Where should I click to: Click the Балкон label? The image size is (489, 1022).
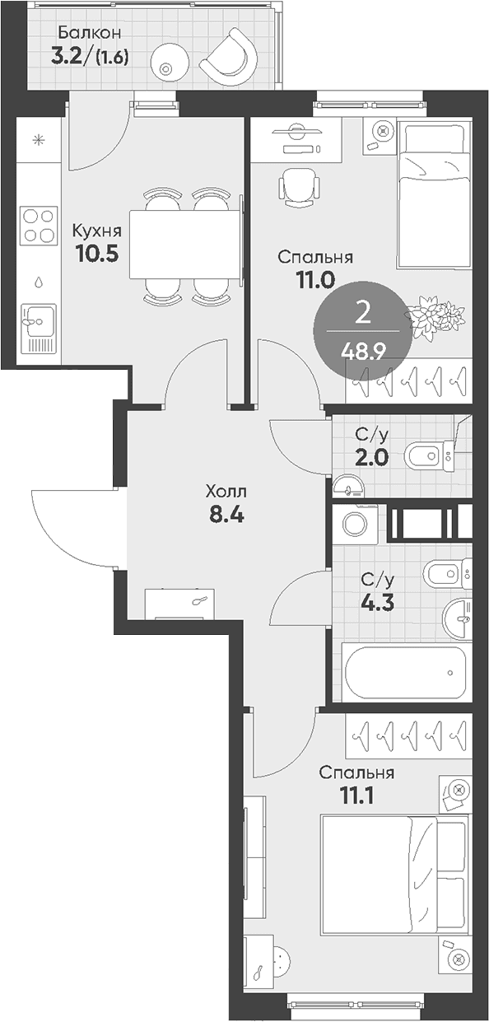click(x=90, y=33)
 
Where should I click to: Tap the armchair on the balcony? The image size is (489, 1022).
click(x=229, y=56)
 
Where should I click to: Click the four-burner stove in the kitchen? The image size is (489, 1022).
click(x=39, y=225)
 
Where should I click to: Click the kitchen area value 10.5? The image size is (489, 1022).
click(x=98, y=253)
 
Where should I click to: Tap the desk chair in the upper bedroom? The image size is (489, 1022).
click(x=298, y=187)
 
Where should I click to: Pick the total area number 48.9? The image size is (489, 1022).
click(x=363, y=352)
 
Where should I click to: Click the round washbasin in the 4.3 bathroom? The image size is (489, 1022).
click(x=457, y=618)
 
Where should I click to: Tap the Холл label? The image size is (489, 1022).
click(x=226, y=492)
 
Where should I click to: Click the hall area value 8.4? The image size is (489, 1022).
click(x=226, y=515)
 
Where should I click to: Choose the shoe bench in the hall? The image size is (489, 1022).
click(x=179, y=604)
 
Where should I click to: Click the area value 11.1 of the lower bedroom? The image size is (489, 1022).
click(x=356, y=796)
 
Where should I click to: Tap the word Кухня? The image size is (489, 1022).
click(x=97, y=231)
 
